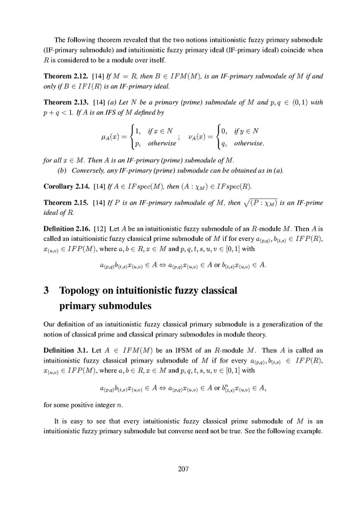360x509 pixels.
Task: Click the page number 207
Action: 180,469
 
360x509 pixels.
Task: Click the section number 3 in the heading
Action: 46,291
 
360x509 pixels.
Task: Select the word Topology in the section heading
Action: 80,291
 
